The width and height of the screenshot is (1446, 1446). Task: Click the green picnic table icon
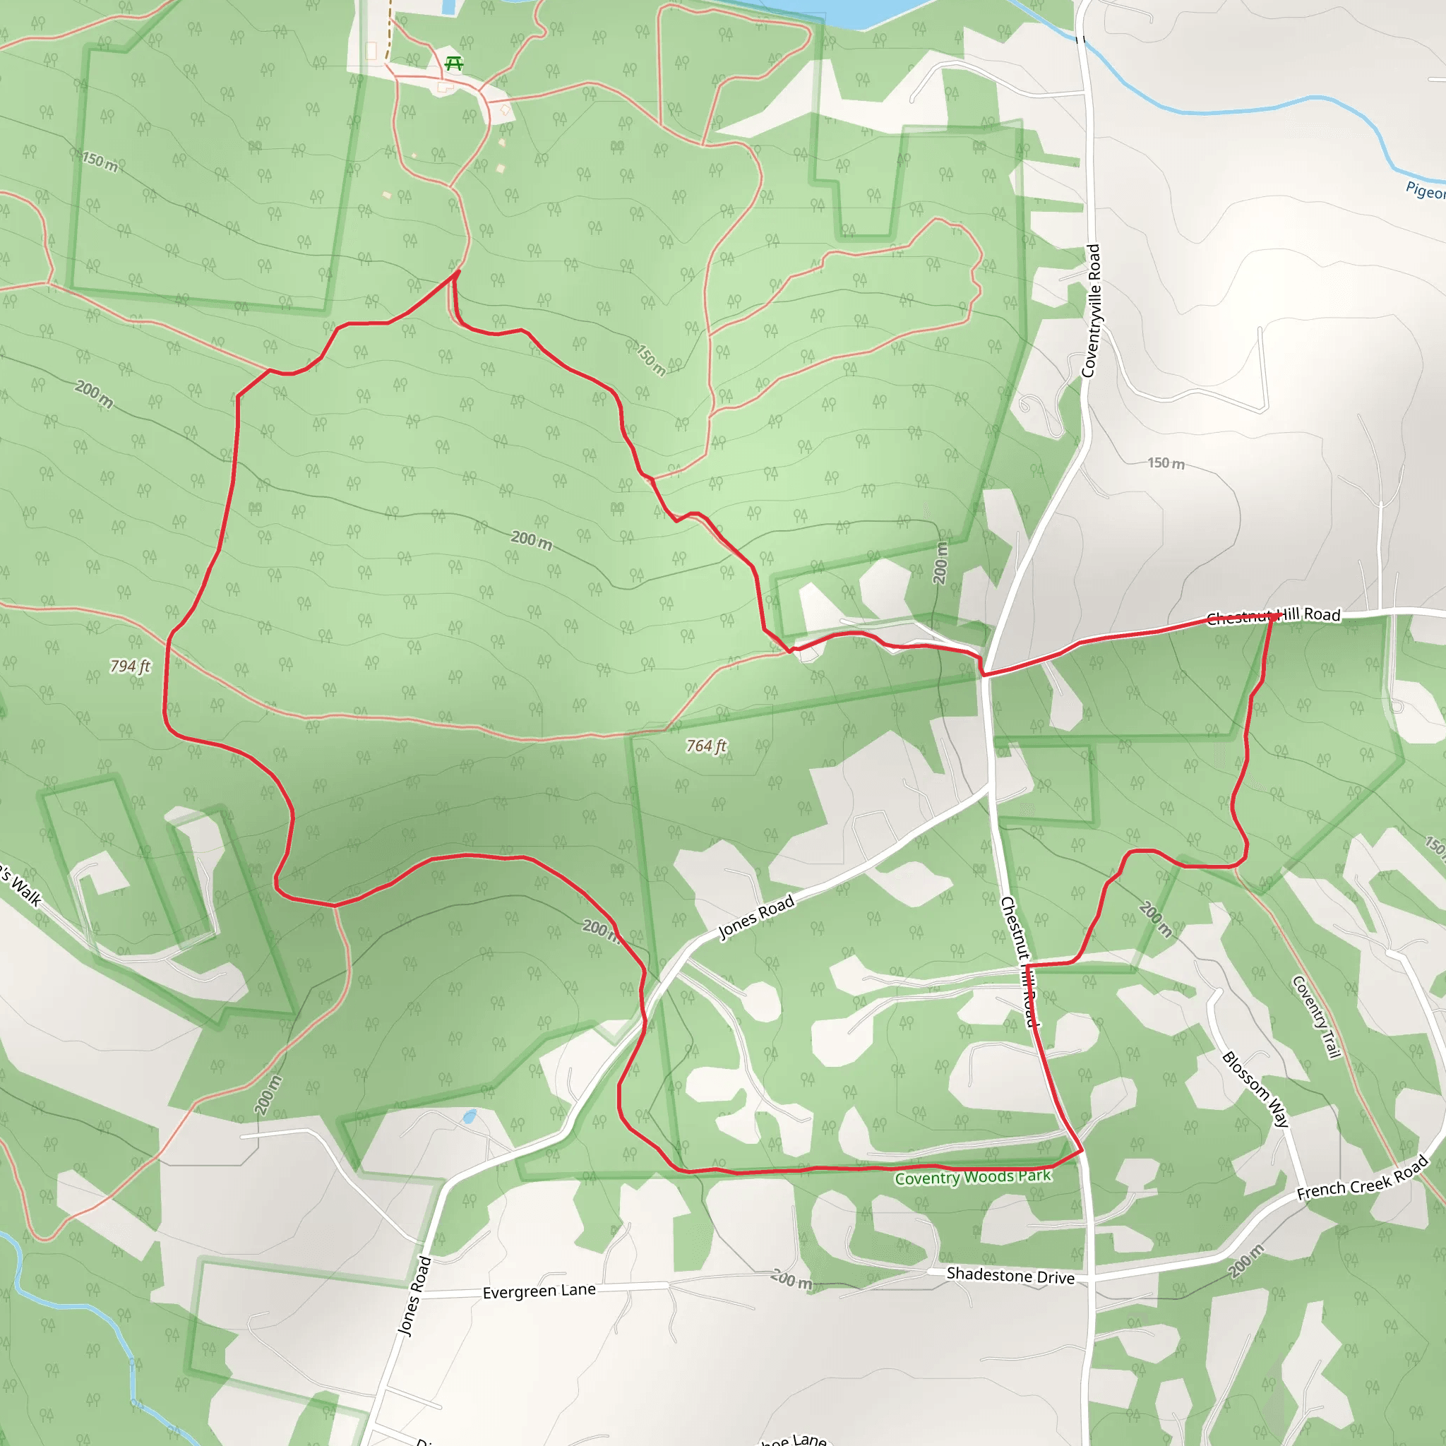(x=453, y=64)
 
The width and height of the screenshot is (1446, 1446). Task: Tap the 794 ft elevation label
(x=130, y=665)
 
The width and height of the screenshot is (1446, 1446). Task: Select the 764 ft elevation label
(x=707, y=746)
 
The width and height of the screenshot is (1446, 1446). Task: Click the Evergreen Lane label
(x=539, y=1291)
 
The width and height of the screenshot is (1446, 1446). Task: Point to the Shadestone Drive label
(x=1010, y=1275)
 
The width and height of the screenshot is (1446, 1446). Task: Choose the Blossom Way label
(x=1255, y=1089)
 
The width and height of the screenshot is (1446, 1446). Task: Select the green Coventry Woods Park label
(x=973, y=1177)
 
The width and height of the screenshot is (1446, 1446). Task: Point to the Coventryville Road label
(x=1092, y=311)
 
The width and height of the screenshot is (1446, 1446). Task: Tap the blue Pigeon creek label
(x=1425, y=190)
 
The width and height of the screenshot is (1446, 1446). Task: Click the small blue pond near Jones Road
(x=470, y=1118)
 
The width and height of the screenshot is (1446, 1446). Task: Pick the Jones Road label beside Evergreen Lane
(x=415, y=1296)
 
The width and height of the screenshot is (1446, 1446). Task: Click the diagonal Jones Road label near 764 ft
(x=756, y=918)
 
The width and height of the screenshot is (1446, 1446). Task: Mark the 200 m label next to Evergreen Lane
(x=791, y=1279)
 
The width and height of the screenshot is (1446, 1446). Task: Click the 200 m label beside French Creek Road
(x=1246, y=1260)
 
